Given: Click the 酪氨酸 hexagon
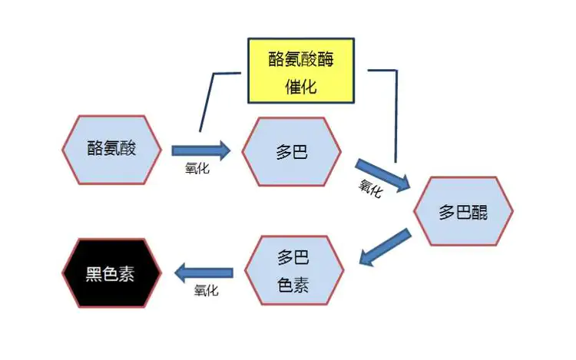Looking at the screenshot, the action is [111, 150].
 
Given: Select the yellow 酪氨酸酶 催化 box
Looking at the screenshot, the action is [301, 71].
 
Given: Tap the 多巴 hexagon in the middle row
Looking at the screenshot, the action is [292, 151].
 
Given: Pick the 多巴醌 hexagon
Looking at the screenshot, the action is [463, 211].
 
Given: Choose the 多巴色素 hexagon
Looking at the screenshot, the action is [294, 270].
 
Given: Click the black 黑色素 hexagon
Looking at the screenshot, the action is [111, 273].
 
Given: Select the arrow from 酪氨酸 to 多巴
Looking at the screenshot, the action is [201, 150].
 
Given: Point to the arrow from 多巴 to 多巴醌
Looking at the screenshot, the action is [382, 176].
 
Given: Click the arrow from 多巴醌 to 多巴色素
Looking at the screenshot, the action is [385, 247].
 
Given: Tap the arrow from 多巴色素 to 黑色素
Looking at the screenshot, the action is [204, 272].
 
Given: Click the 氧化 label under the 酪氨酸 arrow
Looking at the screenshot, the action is [197, 168].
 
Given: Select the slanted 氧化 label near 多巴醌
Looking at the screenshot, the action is [371, 189].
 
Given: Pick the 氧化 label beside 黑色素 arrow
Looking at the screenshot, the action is [206, 291].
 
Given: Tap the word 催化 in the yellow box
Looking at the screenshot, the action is [301, 87].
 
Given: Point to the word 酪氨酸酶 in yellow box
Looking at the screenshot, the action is [301, 58].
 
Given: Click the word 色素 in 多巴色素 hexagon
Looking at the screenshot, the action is [293, 285].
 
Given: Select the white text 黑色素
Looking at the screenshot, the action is [110, 274].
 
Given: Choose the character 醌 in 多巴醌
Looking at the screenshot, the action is [479, 213].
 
